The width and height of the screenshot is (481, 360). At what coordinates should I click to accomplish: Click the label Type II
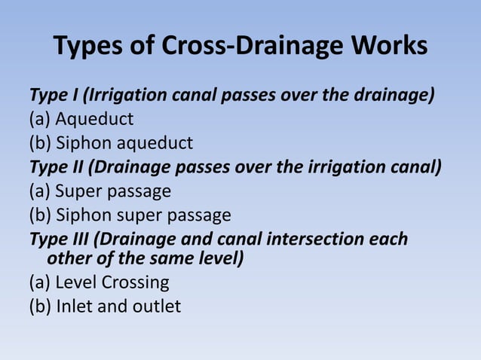pos(57,166)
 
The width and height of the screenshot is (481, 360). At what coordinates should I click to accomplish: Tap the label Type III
pos(60,239)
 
